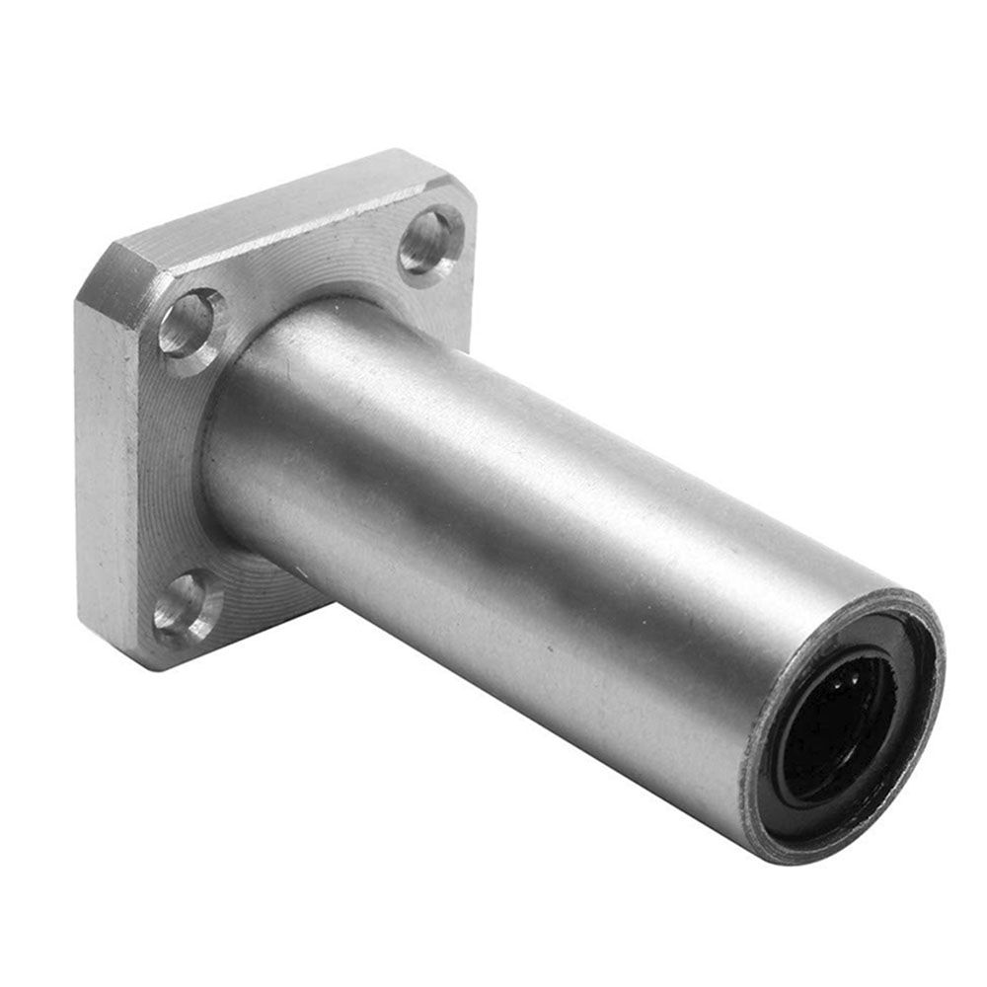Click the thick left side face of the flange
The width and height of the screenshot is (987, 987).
point(104,474)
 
